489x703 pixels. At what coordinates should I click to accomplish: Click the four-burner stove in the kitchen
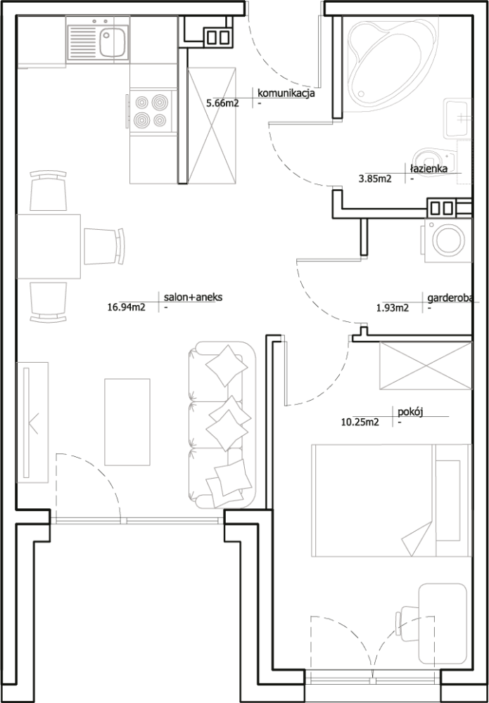[x=151, y=112]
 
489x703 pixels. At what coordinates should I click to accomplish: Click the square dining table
[x=48, y=247]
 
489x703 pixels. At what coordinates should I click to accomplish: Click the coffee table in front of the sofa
[x=127, y=422]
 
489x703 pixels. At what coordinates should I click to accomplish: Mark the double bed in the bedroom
[x=391, y=500]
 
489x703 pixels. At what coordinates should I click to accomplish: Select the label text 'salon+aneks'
[x=193, y=298]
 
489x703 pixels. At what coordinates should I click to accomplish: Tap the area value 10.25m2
[x=360, y=422]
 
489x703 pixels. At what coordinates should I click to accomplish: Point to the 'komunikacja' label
[x=285, y=93]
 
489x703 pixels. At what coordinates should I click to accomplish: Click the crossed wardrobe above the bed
[x=425, y=365]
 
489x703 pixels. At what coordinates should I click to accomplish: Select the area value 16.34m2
[x=126, y=307]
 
